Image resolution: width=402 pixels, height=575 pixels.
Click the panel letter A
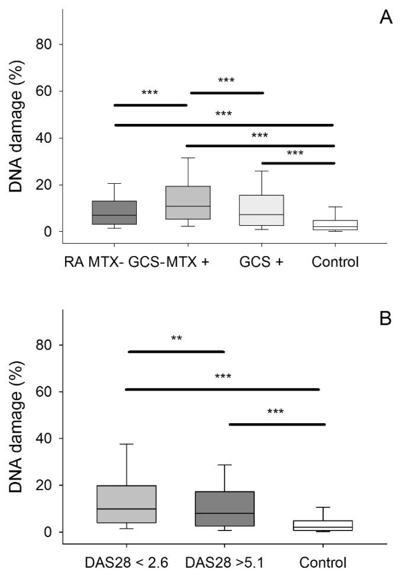point(385,17)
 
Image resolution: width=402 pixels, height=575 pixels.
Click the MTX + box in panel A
point(188,203)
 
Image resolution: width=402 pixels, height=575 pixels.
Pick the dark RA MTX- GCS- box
point(114,212)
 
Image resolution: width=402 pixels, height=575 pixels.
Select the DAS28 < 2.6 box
point(127,504)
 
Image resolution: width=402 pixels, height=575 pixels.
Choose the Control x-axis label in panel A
point(335,261)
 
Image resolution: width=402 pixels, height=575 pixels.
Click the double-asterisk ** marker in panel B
point(176,339)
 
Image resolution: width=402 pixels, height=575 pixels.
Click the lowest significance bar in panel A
point(298,163)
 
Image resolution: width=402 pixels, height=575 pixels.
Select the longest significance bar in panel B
point(223,389)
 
